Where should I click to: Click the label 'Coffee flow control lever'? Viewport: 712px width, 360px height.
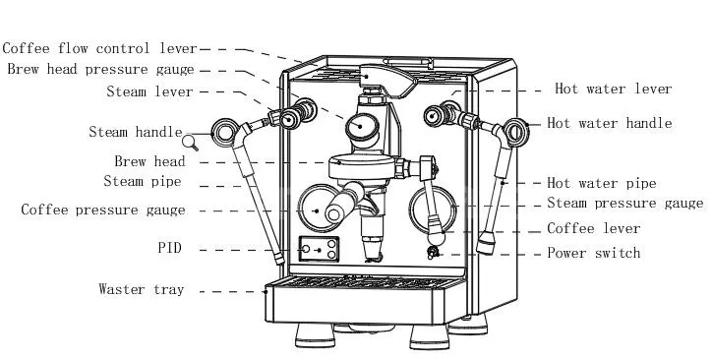click(x=100, y=48)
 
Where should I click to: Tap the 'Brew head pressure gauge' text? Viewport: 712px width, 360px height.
click(x=101, y=69)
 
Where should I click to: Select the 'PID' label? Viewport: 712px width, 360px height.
click(x=170, y=248)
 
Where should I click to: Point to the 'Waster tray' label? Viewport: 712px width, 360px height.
click(x=142, y=289)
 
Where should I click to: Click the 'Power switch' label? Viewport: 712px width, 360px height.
click(x=593, y=253)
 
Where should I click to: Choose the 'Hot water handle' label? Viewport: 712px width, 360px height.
click(x=610, y=123)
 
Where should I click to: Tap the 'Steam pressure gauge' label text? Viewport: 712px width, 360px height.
click(x=624, y=203)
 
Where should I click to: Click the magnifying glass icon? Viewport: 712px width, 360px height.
click(x=190, y=143)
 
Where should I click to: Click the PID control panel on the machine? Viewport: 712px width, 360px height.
click(x=319, y=249)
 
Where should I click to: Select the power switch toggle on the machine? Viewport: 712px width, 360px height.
click(x=433, y=252)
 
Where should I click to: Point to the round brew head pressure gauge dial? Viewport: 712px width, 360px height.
click(x=362, y=127)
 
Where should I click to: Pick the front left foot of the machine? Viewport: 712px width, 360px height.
click(x=315, y=335)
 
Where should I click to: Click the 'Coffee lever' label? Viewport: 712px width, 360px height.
click(x=593, y=228)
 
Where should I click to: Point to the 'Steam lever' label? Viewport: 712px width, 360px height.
click(x=149, y=91)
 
